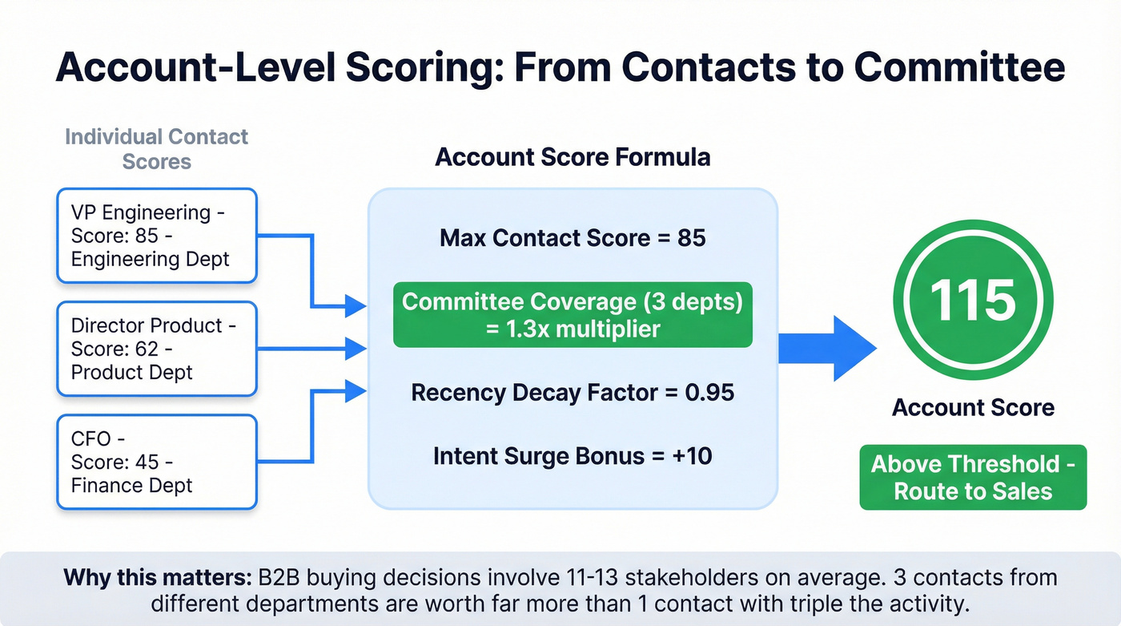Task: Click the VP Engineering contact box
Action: click(157, 236)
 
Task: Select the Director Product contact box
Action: click(157, 349)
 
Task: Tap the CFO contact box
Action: click(157, 462)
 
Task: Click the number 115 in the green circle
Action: click(973, 301)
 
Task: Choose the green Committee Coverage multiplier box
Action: click(573, 314)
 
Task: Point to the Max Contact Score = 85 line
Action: click(573, 238)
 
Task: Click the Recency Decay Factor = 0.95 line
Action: click(573, 393)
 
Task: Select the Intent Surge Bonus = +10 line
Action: click(573, 456)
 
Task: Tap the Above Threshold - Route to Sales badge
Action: click(973, 478)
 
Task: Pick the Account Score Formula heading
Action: click(573, 156)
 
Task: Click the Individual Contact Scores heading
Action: click(157, 148)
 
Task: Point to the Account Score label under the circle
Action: click(973, 407)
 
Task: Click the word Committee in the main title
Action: click(958, 67)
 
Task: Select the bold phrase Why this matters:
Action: click(158, 578)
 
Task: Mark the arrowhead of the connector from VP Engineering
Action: click(355, 305)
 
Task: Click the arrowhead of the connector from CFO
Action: click(355, 392)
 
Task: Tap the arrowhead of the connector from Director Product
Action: click(355, 348)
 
